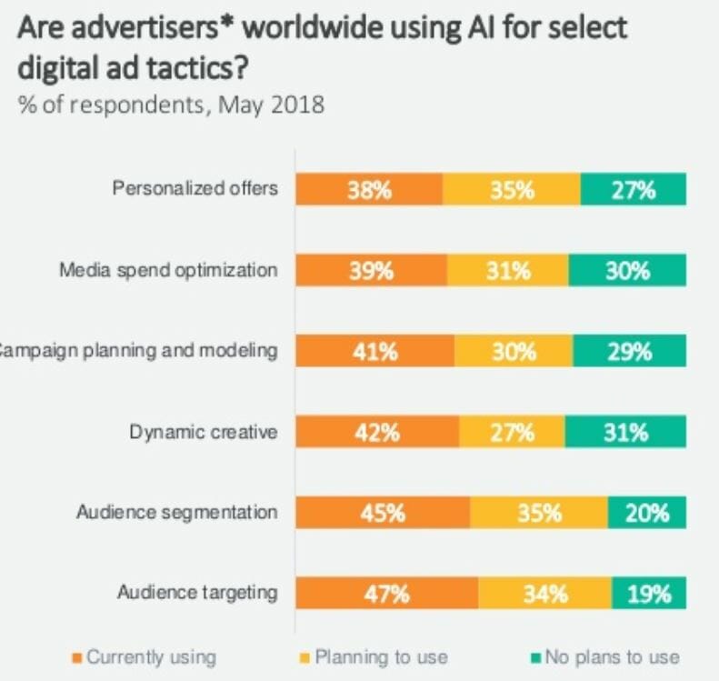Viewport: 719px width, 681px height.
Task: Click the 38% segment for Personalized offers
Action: click(368, 191)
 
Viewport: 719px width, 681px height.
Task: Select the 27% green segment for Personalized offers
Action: click(633, 191)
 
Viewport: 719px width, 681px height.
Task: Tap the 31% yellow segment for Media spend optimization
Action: click(507, 271)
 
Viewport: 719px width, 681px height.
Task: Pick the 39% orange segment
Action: click(371, 271)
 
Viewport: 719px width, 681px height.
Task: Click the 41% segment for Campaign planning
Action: click(374, 352)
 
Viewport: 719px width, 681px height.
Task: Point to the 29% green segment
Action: click(629, 352)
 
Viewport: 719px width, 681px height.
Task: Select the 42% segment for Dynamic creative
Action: click(376, 433)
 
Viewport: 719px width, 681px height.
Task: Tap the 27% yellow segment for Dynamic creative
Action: click(512, 433)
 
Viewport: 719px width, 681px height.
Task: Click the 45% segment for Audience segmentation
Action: click(382, 513)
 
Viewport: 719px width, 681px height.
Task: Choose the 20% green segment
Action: click(646, 513)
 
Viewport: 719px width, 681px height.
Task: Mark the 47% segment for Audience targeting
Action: click(386, 595)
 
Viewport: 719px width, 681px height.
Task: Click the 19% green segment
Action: click(649, 595)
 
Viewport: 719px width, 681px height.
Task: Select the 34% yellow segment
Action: click(544, 595)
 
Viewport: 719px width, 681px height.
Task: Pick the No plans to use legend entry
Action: click(604, 656)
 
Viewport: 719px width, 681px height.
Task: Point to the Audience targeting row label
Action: click(196, 594)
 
